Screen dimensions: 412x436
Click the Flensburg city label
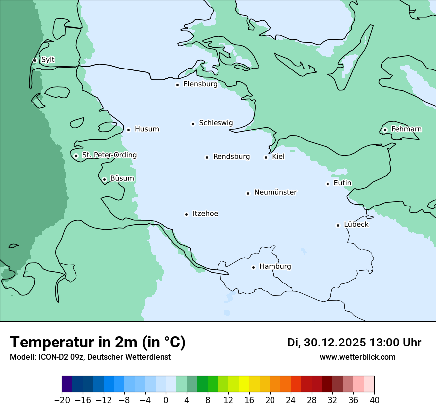(x=200, y=84)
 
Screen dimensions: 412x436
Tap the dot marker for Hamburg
(x=253, y=267)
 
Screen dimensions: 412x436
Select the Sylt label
(x=48, y=60)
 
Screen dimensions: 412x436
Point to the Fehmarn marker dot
(x=385, y=130)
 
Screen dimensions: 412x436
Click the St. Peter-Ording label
(x=109, y=155)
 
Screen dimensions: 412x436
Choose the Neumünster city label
(x=275, y=192)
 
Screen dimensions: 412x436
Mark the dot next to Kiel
(x=266, y=157)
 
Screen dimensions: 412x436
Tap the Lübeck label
(x=356, y=224)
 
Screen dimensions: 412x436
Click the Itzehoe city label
(x=205, y=214)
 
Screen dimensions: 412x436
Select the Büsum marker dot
(x=104, y=179)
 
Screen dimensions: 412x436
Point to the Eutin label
(x=342, y=183)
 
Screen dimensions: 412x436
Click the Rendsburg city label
(x=231, y=157)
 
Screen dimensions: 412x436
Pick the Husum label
(x=147, y=129)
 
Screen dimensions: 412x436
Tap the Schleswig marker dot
(x=193, y=124)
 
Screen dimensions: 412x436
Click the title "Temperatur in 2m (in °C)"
(x=98, y=342)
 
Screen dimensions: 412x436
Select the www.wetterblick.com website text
(x=357, y=357)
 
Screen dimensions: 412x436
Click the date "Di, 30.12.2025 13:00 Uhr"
(x=354, y=343)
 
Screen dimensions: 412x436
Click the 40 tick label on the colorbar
(x=374, y=400)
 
